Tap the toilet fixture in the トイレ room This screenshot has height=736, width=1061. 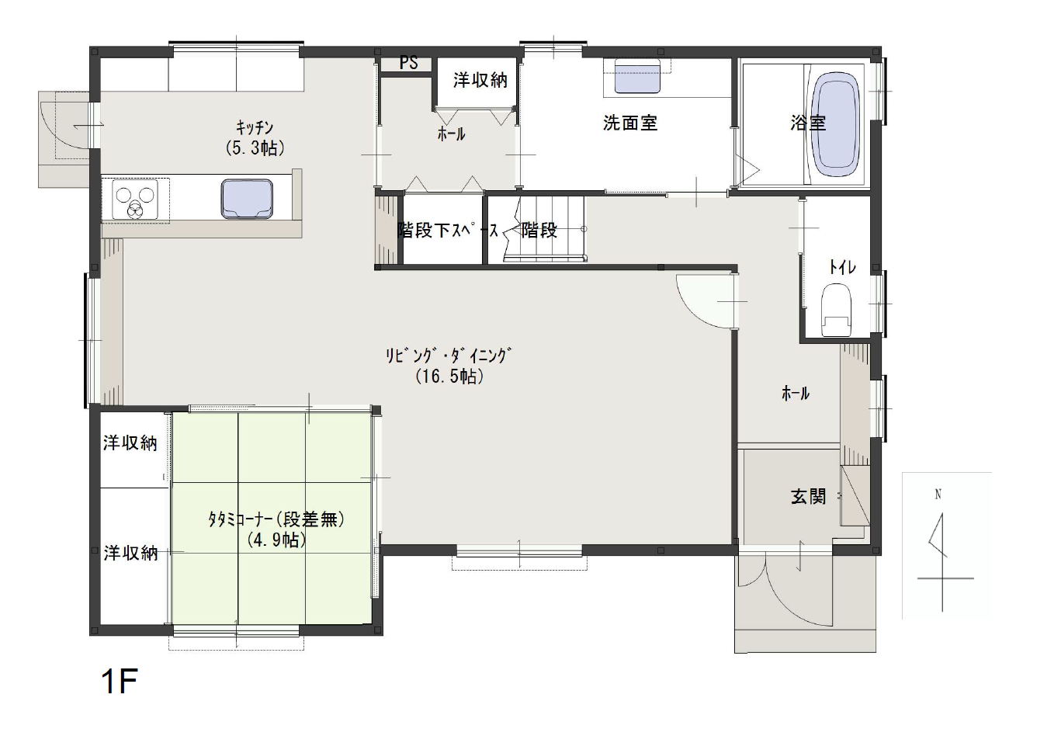836,310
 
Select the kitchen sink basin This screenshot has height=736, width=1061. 247,199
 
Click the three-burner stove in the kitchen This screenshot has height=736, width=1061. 135,200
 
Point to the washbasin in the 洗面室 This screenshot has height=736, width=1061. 637,76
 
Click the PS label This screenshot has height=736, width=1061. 409,62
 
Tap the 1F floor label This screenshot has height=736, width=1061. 120,681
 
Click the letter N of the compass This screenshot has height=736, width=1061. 938,495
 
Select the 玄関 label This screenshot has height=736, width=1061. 809,497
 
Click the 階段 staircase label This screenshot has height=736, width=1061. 539,231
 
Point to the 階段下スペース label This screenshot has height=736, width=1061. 448,231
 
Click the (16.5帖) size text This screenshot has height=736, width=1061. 449,377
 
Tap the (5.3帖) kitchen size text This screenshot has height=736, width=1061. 255,148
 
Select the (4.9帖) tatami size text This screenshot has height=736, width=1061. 276,540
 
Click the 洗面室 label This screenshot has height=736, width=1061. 630,123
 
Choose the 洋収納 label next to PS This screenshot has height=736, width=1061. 480,80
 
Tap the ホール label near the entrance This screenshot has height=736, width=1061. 796,393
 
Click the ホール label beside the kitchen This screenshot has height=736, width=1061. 451,134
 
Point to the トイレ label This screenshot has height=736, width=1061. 842,268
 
